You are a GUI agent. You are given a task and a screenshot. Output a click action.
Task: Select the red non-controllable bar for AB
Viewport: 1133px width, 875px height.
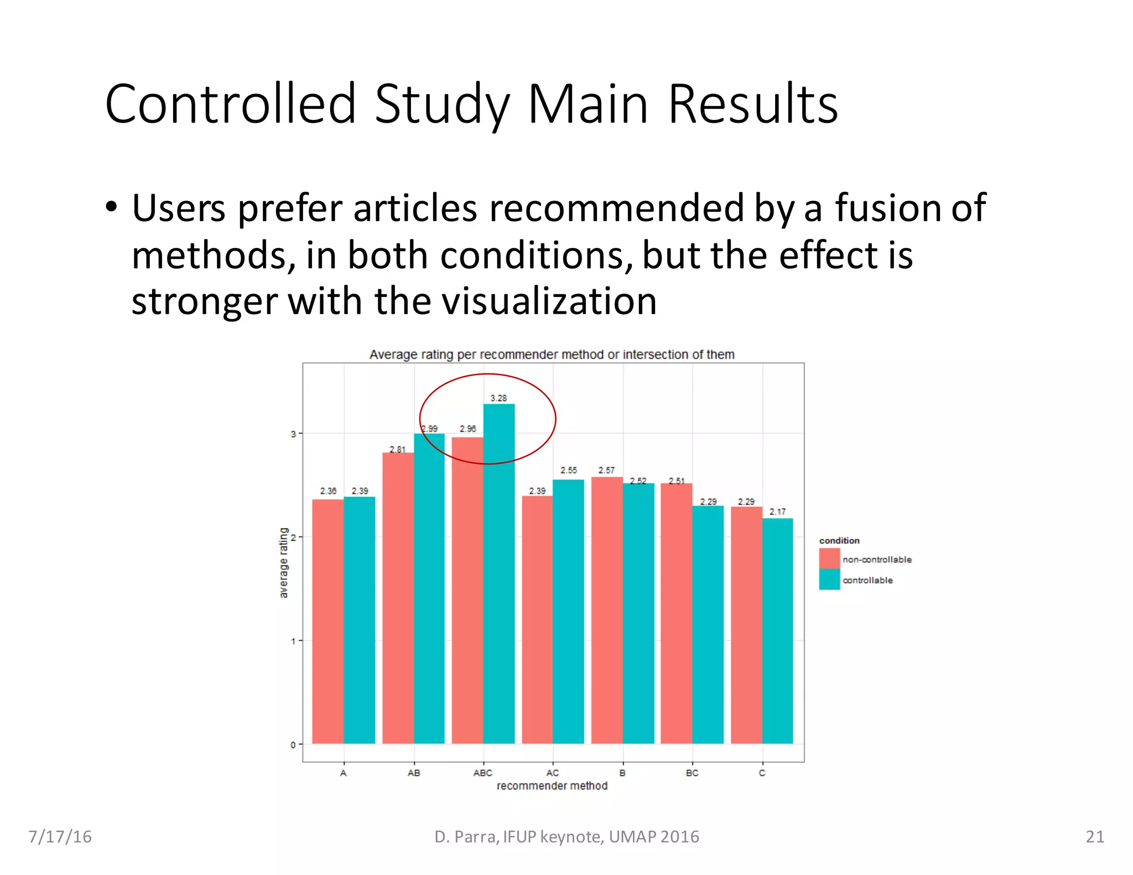pyautogui.click(x=398, y=598)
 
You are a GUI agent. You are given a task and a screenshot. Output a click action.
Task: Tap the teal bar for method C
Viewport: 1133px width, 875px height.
pyautogui.click(x=777, y=631)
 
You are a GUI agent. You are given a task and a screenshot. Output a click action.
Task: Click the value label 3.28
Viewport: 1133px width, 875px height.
pyautogui.click(x=498, y=398)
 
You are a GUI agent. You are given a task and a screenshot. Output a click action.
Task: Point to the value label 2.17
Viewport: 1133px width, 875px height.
pyautogui.click(x=777, y=512)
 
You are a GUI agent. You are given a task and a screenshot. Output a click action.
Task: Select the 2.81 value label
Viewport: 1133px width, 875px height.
pyautogui.click(x=397, y=449)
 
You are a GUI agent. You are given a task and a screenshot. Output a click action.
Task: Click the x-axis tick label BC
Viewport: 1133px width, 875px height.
pyautogui.click(x=692, y=773)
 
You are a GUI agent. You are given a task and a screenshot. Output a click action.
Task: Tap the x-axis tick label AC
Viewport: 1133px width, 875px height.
pyautogui.click(x=552, y=773)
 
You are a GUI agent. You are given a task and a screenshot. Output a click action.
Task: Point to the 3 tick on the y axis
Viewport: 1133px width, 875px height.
pyautogui.click(x=293, y=434)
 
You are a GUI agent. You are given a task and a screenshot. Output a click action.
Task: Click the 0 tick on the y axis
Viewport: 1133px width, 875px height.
pyautogui.click(x=293, y=744)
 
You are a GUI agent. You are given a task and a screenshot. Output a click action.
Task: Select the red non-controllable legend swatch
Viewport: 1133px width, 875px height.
pyautogui.click(x=829, y=559)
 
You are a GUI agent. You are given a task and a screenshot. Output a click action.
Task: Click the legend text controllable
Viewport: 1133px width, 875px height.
pyautogui.click(x=867, y=580)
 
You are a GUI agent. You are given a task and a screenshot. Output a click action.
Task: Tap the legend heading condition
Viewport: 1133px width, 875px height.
pyautogui.click(x=839, y=540)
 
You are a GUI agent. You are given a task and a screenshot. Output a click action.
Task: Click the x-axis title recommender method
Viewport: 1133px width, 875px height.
pyautogui.click(x=552, y=786)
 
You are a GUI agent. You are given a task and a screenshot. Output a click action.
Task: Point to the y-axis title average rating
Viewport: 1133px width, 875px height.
pyautogui.click(x=284, y=562)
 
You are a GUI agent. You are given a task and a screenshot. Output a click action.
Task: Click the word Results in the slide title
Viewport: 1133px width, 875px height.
pyautogui.click(x=753, y=104)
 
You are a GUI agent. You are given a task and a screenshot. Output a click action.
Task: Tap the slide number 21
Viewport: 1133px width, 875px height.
pyautogui.click(x=1095, y=836)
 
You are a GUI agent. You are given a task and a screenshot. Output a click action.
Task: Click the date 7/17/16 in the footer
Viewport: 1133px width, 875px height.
pyautogui.click(x=60, y=836)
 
